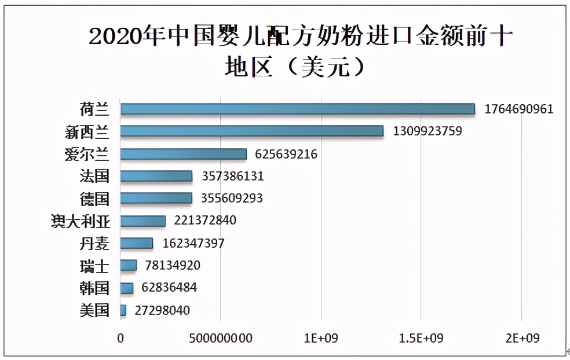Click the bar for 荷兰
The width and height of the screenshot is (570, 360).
(297, 109)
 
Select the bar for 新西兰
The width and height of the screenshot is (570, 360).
(252, 131)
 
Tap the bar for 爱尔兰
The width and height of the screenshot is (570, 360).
(183, 154)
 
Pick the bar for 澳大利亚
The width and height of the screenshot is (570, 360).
(143, 221)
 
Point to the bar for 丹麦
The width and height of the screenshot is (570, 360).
(137, 243)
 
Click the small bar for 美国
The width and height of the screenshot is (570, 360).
(123, 310)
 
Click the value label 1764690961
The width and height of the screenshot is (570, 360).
(519, 109)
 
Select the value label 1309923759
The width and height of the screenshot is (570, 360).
(427, 131)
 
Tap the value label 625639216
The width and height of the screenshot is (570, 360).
(287, 154)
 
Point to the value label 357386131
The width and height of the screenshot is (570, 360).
(233, 176)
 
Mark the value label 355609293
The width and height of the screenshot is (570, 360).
(232, 199)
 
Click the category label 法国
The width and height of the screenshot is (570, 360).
(94, 176)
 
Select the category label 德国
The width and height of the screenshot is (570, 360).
(94, 199)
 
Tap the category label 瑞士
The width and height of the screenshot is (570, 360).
(94, 266)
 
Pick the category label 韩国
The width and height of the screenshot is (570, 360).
(94, 288)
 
